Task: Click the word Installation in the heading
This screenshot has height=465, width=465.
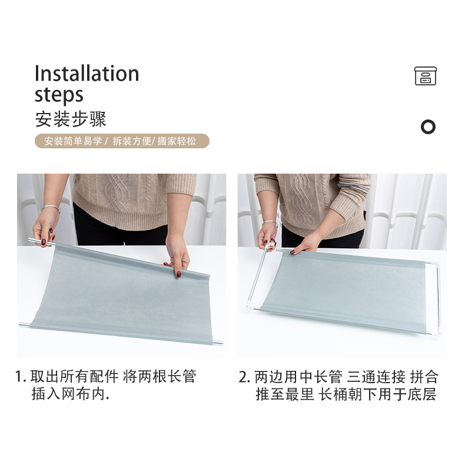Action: [x=87, y=73]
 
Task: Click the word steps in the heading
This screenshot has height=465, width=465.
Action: [x=59, y=95]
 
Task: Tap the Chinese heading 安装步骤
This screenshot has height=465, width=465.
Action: [x=71, y=119]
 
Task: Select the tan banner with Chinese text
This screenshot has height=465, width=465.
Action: [x=122, y=141]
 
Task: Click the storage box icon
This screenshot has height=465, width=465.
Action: [x=425, y=76]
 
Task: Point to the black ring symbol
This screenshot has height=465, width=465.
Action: [x=428, y=127]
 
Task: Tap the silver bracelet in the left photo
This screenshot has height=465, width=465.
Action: [x=51, y=208]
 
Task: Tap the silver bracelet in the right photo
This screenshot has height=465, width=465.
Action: [x=270, y=222]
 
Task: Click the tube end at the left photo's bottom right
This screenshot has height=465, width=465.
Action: [x=218, y=343]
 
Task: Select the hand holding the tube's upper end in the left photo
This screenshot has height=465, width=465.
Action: [x=45, y=228]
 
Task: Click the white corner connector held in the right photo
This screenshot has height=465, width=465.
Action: [x=268, y=247]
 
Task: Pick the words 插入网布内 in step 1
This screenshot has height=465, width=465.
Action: [x=68, y=394]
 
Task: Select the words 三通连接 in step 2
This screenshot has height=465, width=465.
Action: [x=376, y=377]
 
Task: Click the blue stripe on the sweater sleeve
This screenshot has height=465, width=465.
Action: [x=353, y=187]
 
